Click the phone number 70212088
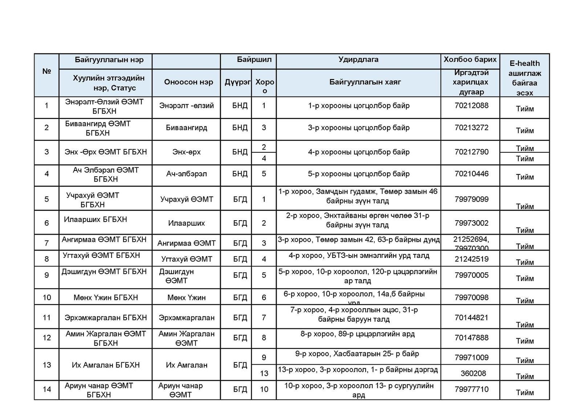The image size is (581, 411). coord(471,106)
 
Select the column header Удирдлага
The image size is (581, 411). coord(358,59)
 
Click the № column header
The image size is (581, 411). coord(46,71)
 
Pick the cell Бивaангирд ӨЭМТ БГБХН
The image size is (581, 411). coord(98,128)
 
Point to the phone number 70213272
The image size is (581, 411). coord(471,128)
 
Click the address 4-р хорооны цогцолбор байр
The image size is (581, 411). coord(358,152)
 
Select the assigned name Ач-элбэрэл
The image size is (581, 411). coord(186,174)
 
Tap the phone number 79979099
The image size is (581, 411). coord(471,199)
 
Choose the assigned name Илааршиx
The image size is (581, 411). coord(186,223)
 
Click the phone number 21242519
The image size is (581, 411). coord(471,259)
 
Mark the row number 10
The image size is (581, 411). coord(47,297)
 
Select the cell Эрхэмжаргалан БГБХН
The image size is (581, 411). coord(106,318)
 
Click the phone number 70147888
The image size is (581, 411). coord(471,338)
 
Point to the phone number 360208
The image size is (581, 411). coord(473,373)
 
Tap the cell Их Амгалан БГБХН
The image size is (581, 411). coord(106,365)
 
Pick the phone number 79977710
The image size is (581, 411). coord(471,389)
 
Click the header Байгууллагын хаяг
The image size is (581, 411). coord(365,82)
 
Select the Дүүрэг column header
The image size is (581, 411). coord(237,82)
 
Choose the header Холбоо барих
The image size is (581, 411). coord(470,59)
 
